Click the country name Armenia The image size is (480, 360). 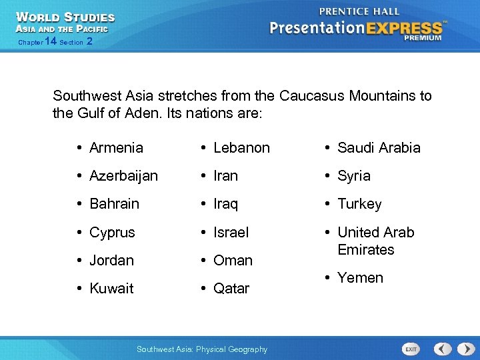coord(116,148)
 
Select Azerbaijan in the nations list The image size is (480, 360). coord(123,176)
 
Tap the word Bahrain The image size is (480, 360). coord(114,204)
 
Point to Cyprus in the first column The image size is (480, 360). coord(112,233)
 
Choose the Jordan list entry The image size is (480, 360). coord(111,261)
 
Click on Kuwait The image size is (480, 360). coord(111,289)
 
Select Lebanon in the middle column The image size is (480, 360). coord(241,148)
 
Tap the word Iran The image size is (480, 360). coord(225,176)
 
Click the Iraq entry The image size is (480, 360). coord(225,204)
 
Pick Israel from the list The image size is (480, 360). coord(231,233)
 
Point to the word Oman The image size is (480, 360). coord(233,261)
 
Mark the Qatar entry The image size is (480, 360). coord(231,289)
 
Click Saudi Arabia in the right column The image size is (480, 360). coord(379,148)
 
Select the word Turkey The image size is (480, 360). coord(359,204)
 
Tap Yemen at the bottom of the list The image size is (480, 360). coord(360,278)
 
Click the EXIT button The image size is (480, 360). coord(411,349)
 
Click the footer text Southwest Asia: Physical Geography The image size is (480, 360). coord(201,349)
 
